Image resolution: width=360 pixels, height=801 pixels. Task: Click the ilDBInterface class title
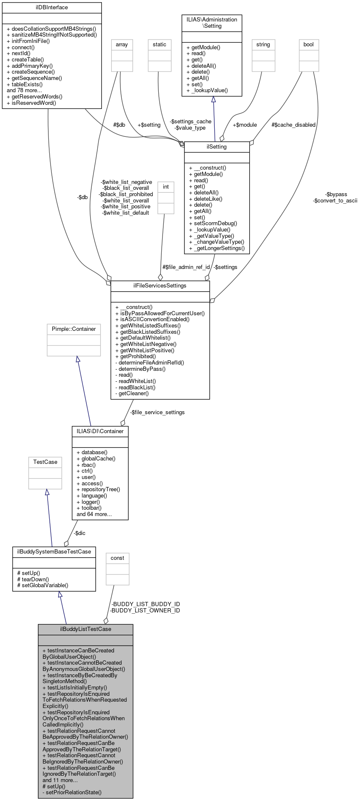click(52, 8)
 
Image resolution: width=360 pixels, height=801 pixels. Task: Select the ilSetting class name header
click(217, 147)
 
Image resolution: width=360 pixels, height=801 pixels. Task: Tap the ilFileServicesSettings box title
click(160, 286)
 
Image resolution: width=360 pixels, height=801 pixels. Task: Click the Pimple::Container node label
click(74, 329)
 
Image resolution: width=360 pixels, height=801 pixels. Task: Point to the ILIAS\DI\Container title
click(100, 431)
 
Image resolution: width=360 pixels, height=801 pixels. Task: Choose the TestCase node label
click(45, 462)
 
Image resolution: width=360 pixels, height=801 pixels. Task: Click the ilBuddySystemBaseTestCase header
click(54, 552)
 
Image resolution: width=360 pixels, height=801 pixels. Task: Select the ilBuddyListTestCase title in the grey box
click(85, 629)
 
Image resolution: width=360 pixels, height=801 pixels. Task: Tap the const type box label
click(117, 558)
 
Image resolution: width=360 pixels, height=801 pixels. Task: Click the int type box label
click(166, 187)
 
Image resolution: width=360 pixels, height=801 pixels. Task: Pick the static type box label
click(160, 45)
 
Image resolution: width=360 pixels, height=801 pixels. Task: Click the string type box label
click(263, 45)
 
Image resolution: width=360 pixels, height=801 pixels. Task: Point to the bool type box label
click(309, 45)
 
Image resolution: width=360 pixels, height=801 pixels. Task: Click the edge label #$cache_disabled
click(293, 125)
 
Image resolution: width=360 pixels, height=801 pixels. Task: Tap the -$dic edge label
click(79, 533)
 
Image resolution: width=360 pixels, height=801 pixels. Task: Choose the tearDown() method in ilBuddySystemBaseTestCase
click(35, 579)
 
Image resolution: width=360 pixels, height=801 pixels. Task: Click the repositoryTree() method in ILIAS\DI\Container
click(101, 490)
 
